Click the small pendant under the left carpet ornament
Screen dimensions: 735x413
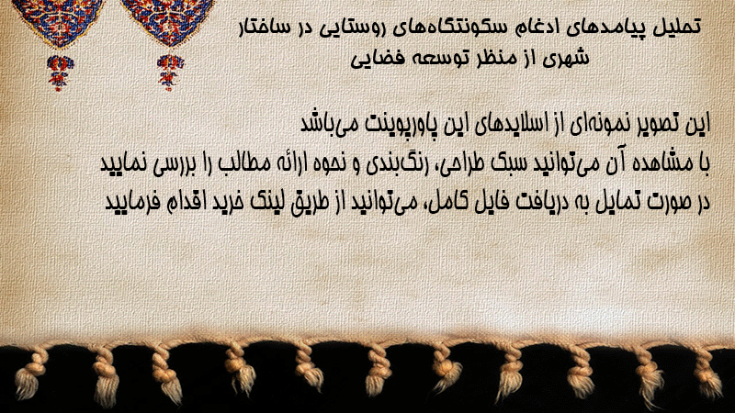(60, 73)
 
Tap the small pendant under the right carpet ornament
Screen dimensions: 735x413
(170, 73)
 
